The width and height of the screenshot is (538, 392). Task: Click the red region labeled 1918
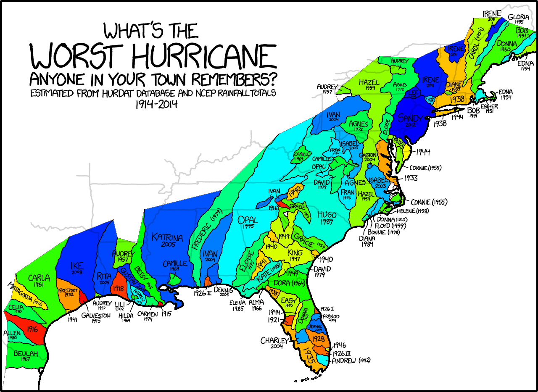(x=119, y=289)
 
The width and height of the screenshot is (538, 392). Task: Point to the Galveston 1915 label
(x=96, y=318)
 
